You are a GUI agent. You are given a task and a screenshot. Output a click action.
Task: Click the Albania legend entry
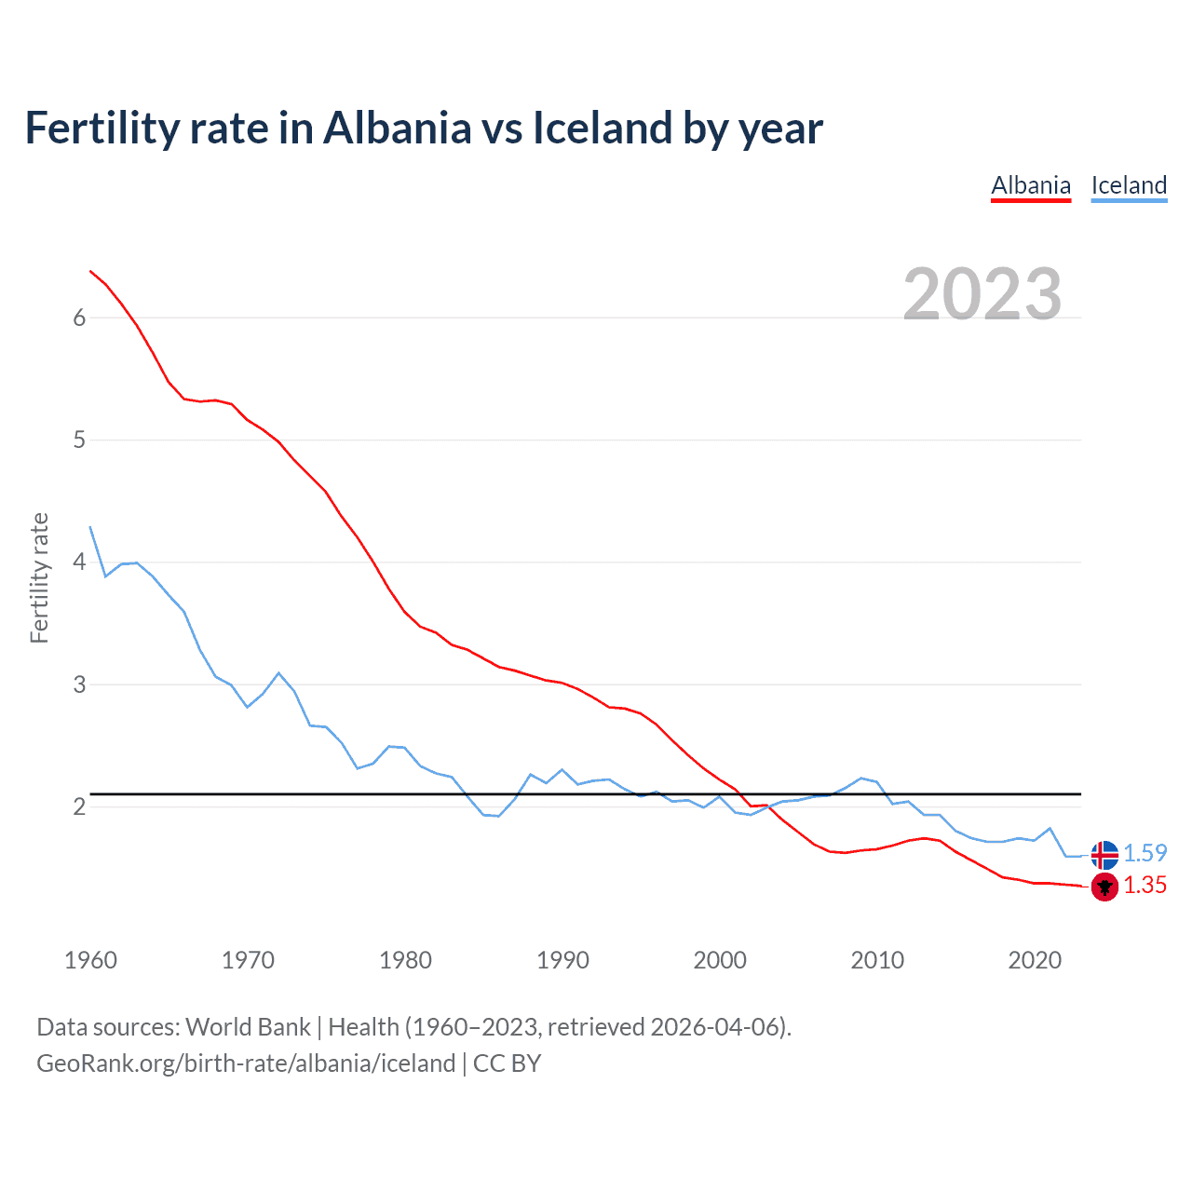point(1031,185)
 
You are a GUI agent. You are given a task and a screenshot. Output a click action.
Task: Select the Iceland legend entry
point(1129,185)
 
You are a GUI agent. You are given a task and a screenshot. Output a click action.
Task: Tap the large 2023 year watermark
point(982,294)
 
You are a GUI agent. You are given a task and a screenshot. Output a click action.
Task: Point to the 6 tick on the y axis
point(79,318)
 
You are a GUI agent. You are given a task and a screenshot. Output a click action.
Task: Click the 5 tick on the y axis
point(79,440)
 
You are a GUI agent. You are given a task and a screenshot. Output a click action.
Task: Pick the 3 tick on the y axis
point(79,684)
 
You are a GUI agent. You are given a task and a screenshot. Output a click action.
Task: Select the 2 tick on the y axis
point(79,806)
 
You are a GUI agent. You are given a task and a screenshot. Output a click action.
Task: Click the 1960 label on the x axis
point(90,960)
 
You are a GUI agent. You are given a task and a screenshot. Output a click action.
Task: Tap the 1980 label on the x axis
point(405,960)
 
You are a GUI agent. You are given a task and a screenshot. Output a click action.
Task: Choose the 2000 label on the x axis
point(720,960)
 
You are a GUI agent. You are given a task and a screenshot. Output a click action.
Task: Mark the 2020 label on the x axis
point(1035,960)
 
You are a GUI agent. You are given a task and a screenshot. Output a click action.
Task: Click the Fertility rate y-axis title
point(39,577)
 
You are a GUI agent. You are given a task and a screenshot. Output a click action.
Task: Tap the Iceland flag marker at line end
point(1104,854)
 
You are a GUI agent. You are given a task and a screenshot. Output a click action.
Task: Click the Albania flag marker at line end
point(1104,887)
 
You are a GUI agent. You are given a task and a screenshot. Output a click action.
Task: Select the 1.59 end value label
point(1145,853)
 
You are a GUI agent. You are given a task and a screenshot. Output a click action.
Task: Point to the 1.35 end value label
point(1145,886)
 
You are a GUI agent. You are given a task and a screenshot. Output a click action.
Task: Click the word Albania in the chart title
point(397,128)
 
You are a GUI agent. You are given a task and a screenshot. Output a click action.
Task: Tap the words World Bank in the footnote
point(248,1027)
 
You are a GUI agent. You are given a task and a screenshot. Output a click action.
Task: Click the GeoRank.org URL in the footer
point(246,1063)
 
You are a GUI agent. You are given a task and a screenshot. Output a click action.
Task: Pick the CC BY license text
point(508,1063)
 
